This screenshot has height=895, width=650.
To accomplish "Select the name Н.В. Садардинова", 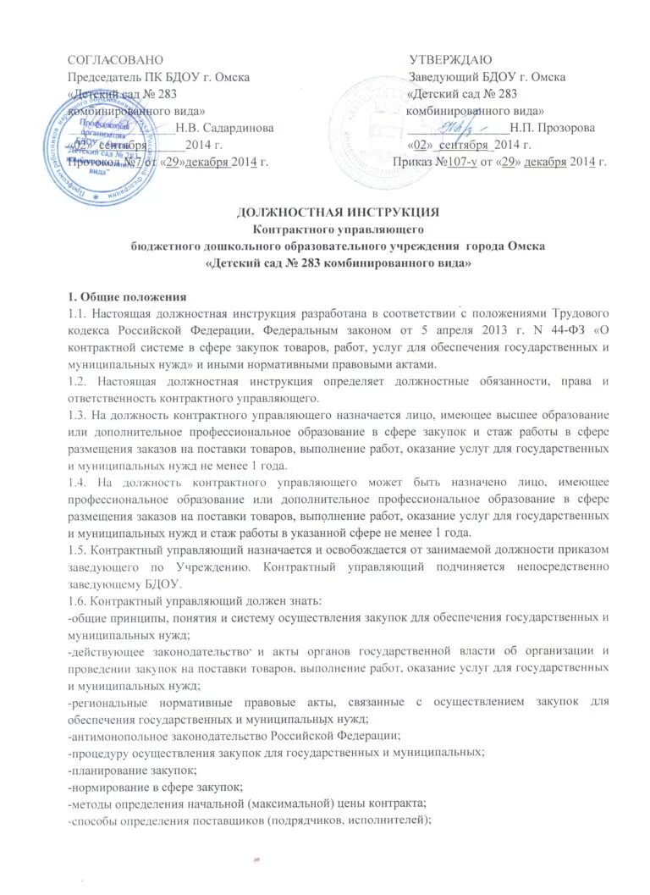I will (x=224, y=128).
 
